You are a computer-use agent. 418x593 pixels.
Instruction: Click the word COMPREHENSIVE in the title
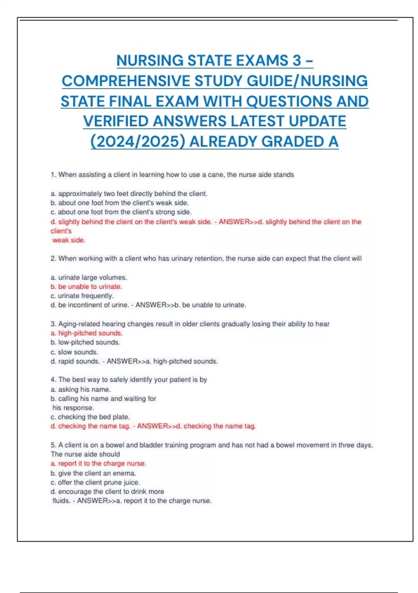point(126,81)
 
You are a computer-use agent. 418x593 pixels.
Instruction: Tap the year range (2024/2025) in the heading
point(138,142)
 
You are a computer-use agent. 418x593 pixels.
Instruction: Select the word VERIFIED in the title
point(116,121)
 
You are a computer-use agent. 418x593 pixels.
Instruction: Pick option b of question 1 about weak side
point(119,203)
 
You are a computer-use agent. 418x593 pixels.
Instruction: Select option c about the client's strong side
point(121,212)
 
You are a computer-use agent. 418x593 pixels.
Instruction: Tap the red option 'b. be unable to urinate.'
point(86,286)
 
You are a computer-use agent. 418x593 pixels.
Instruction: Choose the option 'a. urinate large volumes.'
point(89,277)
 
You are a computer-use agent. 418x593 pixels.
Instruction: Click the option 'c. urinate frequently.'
point(82,296)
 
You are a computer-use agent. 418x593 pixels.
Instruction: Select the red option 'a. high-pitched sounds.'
point(86,333)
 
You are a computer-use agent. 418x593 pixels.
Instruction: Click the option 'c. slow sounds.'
point(74,352)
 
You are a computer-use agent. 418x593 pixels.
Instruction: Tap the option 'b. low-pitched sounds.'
point(85,342)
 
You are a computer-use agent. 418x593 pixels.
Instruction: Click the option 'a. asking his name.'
point(80,389)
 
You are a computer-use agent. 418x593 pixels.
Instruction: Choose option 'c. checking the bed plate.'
point(90,417)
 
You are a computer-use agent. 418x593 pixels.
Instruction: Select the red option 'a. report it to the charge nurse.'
point(98,463)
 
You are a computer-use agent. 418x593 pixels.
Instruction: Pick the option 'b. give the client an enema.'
point(93,473)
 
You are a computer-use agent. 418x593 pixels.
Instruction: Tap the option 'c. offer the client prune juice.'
point(95,482)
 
